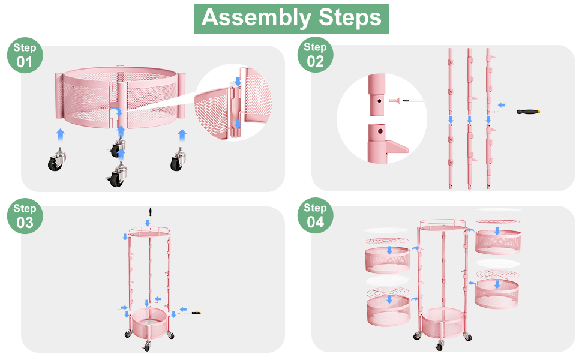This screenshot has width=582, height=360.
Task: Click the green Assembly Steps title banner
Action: [291, 19]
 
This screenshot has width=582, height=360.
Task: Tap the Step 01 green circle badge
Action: [25, 55]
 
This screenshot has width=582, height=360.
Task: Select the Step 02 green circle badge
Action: [315, 55]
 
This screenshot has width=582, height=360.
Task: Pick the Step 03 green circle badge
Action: [25, 216]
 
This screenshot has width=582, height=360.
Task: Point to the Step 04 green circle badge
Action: [315, 215]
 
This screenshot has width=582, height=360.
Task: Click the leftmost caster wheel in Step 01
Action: [56, 159]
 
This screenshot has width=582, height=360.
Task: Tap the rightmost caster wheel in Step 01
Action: [178, 159]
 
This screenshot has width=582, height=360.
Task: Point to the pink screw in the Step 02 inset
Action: [394, 100]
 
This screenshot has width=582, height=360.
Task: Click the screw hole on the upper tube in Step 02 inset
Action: [379, 101]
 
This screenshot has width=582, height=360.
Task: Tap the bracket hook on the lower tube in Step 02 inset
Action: [397, 147]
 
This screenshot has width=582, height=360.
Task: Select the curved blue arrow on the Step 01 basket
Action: [118, 112]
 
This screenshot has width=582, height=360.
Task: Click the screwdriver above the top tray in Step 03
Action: [150, 212]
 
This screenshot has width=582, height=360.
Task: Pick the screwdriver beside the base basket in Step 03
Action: [192, 313]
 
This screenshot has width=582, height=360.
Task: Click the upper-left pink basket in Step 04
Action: [387, 259]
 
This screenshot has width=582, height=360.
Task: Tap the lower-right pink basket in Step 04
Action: [497, 293]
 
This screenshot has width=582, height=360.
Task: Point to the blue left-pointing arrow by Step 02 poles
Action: [502, 105]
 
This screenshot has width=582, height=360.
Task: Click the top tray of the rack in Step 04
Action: [442, 225]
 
